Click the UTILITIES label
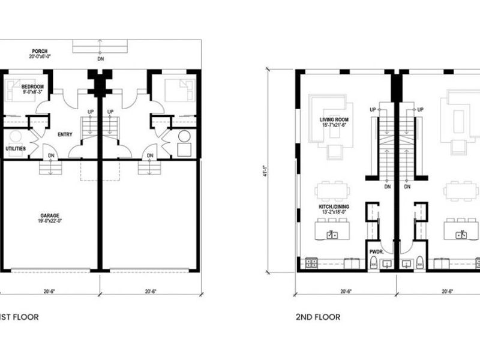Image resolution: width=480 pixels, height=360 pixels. click(x=16, y=148)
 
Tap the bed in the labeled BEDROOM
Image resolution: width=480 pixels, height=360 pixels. click(x=17, y=89)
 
